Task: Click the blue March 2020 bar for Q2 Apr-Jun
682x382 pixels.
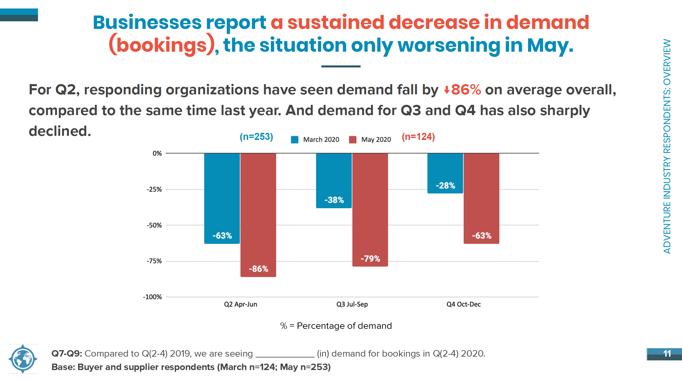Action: point(222,198)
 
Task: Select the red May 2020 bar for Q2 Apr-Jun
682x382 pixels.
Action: point(258,215)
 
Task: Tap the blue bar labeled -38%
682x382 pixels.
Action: point(334,180)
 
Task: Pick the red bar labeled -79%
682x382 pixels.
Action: point(370,210)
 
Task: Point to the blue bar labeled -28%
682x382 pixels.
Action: point(445,173)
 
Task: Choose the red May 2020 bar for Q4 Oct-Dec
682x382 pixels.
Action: point(482,198)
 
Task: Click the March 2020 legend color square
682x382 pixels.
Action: point(295,140)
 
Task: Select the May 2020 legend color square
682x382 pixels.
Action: point(353,140)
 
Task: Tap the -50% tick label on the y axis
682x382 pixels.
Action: point(154,225)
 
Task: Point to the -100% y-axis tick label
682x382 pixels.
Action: point(152,297)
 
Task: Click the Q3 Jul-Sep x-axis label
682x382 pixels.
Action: point(352,304)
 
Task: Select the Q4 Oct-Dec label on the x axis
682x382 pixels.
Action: point(464,304)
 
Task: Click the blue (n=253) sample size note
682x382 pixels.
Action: point(257,137)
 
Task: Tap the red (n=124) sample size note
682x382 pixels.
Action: point(418,137)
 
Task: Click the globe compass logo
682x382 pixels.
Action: point(23,359)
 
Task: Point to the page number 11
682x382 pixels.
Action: point(667,354)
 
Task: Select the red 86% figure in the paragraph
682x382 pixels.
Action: point(466,90)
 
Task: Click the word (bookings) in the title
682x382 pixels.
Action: point(162,45)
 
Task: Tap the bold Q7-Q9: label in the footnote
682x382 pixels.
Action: point(67,354)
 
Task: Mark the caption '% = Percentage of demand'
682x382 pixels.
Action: point(336,326)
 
